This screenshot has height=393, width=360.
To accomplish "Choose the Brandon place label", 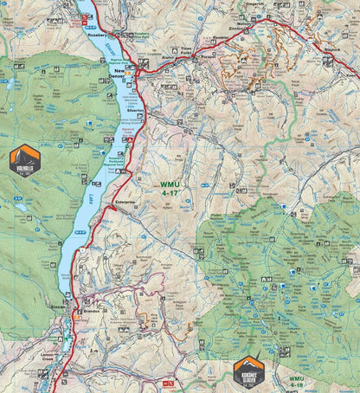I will pos(93,311).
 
